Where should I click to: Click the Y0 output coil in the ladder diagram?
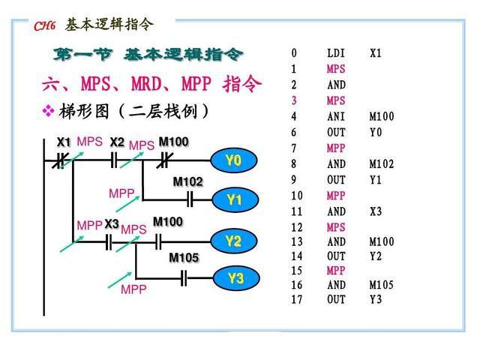pos(233,160)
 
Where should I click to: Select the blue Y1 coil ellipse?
pos(235,200)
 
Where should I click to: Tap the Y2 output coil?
pos(235,241)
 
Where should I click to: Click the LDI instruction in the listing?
pos(336,54)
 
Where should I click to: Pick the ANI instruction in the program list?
pos(336,117)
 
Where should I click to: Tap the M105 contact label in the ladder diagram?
pos(184,258)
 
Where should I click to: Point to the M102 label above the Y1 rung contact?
pos(187,181)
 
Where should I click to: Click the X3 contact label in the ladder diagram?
pos(112,224)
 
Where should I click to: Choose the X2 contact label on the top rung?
pos(117,142)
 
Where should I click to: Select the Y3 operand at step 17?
pos(376,299)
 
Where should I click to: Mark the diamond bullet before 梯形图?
pos(49,111)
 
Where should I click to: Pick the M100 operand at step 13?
pos(382,242)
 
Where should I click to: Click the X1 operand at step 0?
pos(376,54)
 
